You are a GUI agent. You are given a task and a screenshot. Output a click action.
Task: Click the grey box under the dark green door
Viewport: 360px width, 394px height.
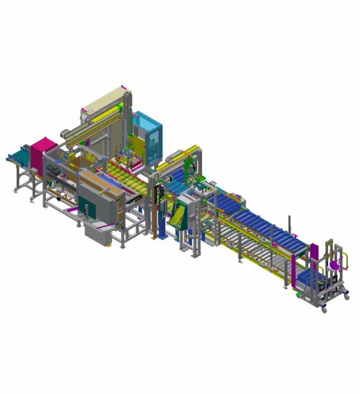[98, 234]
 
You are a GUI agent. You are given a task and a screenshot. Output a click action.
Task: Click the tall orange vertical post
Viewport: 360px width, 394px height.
[154, 212]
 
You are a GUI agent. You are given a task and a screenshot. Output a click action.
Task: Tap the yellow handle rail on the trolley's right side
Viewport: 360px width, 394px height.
[346, 262]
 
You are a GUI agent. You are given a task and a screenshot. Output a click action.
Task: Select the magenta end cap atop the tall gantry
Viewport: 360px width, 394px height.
[123, 87]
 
